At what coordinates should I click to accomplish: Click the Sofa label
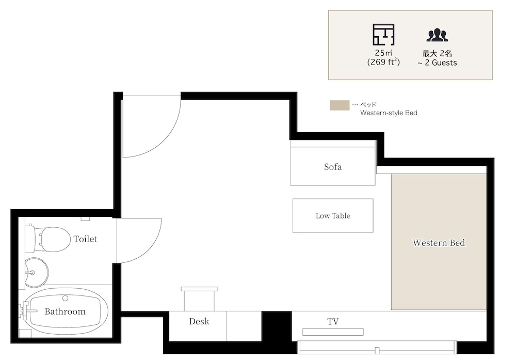click(x=333, y=167)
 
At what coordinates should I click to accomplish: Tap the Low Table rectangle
click(x=333, y=215)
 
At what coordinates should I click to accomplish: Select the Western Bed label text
click(x=439, y=243)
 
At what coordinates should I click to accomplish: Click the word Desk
click(x=199, y=321)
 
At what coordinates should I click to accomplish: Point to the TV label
click(x=333, y=321)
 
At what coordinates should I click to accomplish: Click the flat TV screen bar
click(x=333, y=332)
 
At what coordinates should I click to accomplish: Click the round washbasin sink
click(x=37, y=272)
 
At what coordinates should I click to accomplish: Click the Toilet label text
click(x=85, y=239)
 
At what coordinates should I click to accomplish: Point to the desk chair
click(x=199, y=299)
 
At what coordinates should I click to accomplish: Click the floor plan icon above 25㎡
click(x=383, y=35)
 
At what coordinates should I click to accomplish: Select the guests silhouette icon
click(x=438, y=35)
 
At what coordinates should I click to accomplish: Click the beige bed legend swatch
click(x=340, y=105)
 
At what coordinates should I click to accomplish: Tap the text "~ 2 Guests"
click(x=438, y=62)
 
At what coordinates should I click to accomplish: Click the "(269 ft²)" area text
click(x=383, y=62)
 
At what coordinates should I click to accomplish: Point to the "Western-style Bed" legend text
click(x=389, y=113)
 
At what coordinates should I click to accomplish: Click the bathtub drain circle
click(x=65, y=298)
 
